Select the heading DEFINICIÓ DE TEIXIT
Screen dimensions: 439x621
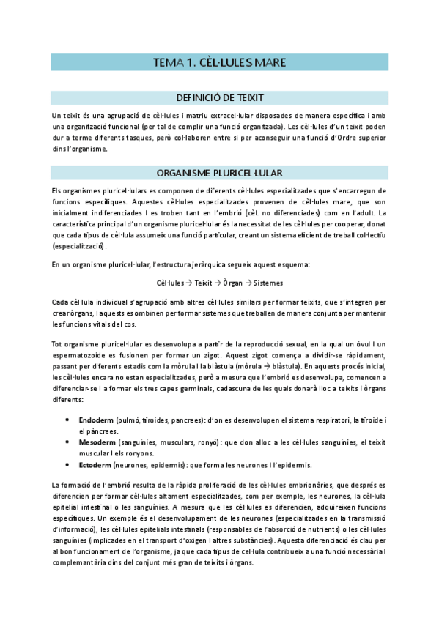220,97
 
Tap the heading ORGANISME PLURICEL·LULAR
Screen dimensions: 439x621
220,174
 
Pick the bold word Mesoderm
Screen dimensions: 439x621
97,442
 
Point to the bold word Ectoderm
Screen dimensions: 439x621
95,465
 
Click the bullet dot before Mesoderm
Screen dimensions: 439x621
68,442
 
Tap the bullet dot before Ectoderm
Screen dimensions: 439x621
68,465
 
